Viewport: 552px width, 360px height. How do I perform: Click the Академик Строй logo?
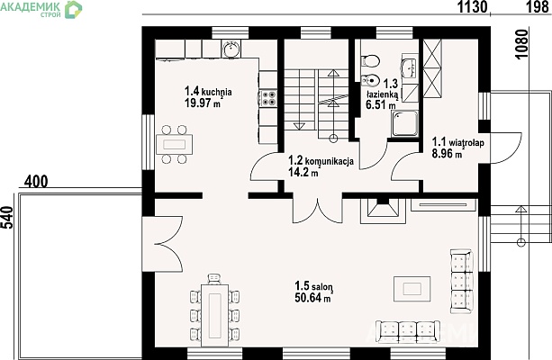(x=41, y=9)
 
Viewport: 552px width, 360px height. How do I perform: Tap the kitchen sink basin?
(x=231, y=49)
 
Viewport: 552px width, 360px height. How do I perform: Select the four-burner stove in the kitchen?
(x=268, y=98)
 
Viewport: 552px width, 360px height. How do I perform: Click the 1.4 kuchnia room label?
(x=208, y=92)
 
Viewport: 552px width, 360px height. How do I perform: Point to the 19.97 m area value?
(x=203, y=103)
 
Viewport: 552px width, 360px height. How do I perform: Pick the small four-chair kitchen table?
(x=175, y=144)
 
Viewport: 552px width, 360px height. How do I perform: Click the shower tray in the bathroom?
(x=405, y=124)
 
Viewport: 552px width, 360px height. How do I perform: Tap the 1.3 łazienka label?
(x=383, y=89)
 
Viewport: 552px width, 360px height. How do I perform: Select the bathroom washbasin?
(x=409, y=67)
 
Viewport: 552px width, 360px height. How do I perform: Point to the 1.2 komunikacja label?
(x=321, y=161)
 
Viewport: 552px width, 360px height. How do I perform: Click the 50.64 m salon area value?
(x=312, y=298)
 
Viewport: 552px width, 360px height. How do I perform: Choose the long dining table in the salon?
(x=214, y=310)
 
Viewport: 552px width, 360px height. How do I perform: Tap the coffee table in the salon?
(x=412, y=289)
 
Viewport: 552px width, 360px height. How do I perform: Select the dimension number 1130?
(x=472, y=6)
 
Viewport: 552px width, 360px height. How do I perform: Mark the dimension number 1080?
(x=521, y=44)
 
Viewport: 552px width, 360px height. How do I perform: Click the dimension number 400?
(x=36, y=182)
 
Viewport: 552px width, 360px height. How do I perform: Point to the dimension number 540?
(x=7, y=217)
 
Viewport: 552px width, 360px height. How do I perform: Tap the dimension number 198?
(x=538, y=6)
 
